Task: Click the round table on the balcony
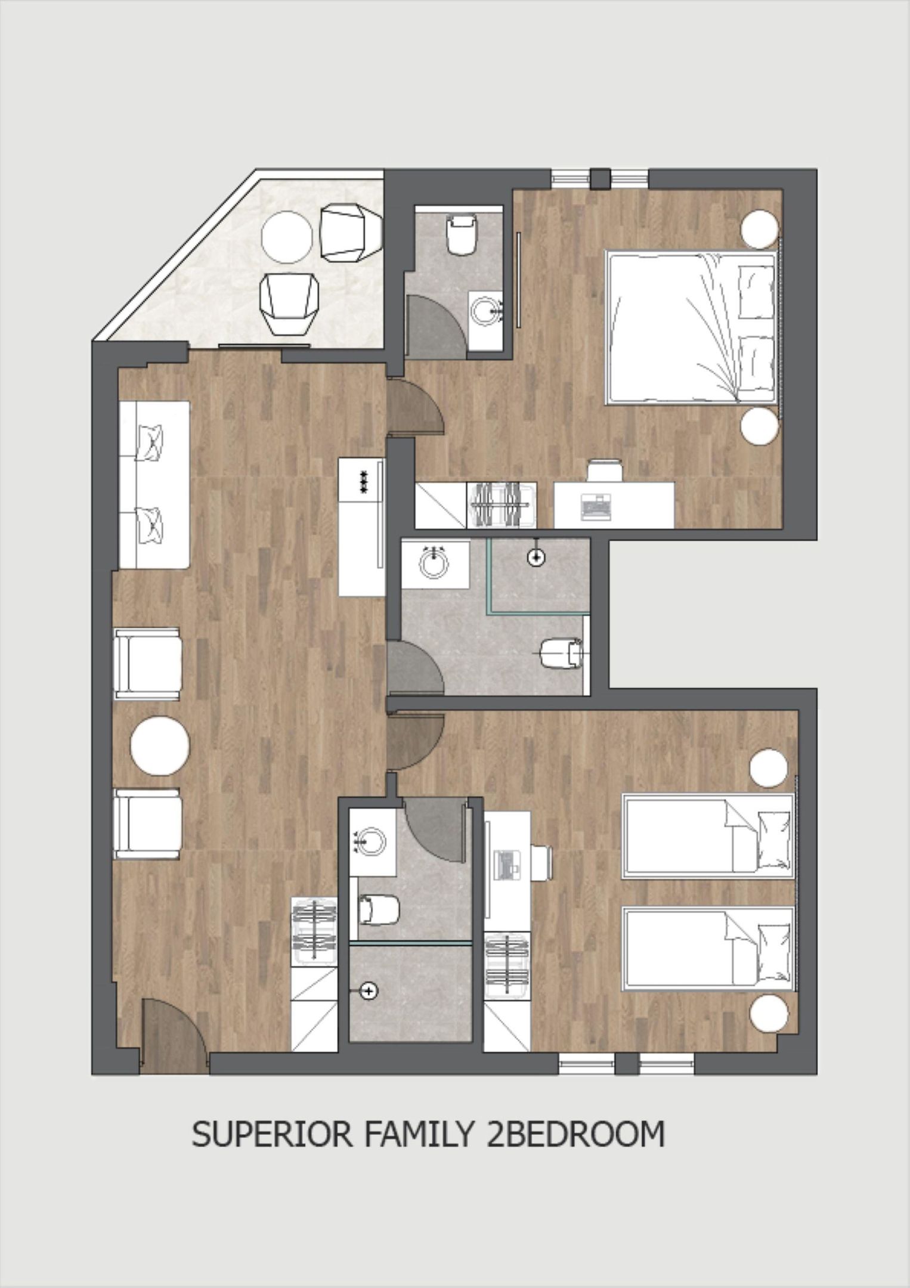point(287,236)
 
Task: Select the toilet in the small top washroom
point(463,234)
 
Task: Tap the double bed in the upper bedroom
point(692,327)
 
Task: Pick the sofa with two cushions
point(154,484)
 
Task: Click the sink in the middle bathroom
point(434,563)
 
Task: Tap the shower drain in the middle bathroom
point(537,558)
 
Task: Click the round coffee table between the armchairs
point(160,745)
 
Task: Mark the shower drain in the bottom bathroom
point(370,991)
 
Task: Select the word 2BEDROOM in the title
point(575,1135)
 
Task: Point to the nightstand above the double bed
point(760,229)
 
